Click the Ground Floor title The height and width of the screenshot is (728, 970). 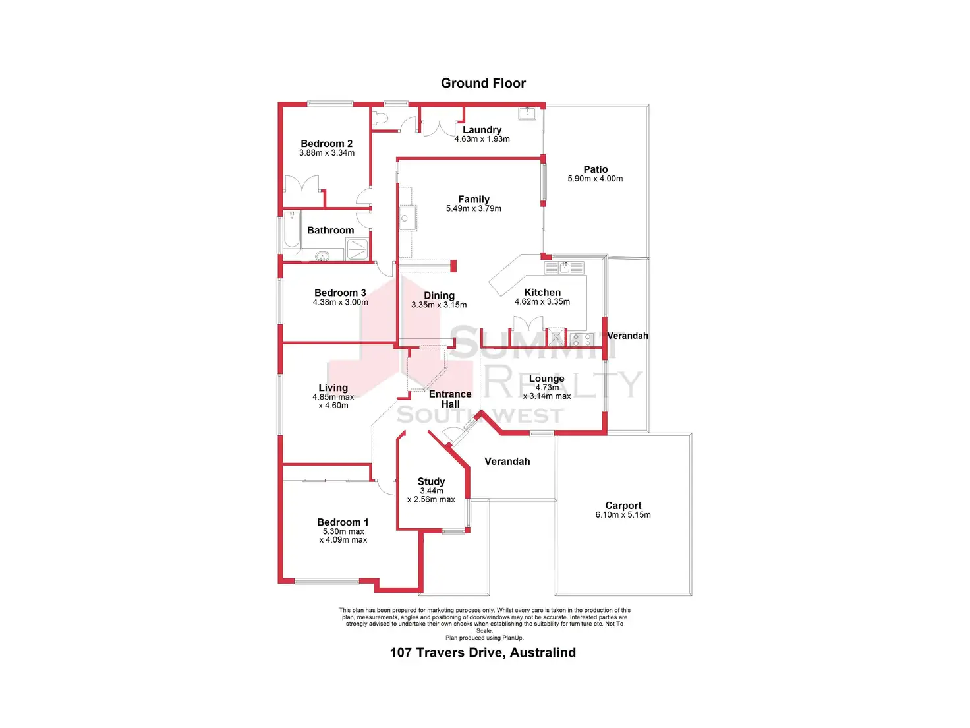(x=483, y=83)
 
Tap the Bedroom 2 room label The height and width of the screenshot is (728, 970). (x=326, y=144)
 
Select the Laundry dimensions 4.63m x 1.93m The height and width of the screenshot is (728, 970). (x=482, y=139)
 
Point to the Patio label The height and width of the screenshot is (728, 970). (x=595, y=169)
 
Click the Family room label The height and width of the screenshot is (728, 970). (x=474, y=199)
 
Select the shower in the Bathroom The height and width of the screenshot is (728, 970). (x=357, y=249)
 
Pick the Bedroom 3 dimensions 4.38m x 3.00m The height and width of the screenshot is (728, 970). (x=340, y=303)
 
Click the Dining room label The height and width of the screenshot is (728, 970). (x=439, y=295)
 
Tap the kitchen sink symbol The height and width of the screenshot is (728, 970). (x=564, y=268)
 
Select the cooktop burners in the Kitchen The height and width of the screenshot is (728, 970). (x=581, y=340)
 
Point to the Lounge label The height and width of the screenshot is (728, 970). (x=546, y=379)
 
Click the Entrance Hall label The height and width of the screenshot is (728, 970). (x=450, y=399)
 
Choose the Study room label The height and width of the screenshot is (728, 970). (x=431, y=481)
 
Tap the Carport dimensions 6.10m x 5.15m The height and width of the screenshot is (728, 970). (x=623, y=515)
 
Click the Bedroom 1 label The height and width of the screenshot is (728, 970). (x=343, y=522)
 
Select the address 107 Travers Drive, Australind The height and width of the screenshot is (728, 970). (x=483, y=652)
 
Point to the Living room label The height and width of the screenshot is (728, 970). (x=333, y=388)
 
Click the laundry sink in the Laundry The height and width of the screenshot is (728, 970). (x=527, y=113)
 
